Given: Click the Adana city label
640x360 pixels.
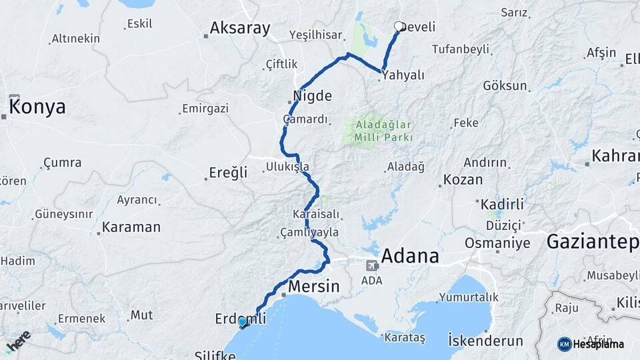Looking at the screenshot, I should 410,256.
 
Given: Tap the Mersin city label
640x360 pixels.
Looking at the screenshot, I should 314,286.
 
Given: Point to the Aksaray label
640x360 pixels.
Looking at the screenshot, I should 240,28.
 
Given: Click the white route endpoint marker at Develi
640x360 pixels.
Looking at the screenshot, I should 399,27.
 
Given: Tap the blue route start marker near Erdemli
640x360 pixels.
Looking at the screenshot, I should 243,322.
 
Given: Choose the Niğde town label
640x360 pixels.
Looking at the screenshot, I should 312,95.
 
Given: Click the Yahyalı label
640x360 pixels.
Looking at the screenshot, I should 405,75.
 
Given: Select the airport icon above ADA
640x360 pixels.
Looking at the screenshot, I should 371,265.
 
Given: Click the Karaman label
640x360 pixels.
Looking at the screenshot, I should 131,227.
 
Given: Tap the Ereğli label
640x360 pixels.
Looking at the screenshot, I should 229,173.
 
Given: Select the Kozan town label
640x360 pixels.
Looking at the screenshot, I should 463,179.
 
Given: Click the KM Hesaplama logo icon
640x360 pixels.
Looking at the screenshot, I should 565,344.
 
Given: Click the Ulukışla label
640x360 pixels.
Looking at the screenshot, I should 287,166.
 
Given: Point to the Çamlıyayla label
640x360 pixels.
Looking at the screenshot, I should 310,232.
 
